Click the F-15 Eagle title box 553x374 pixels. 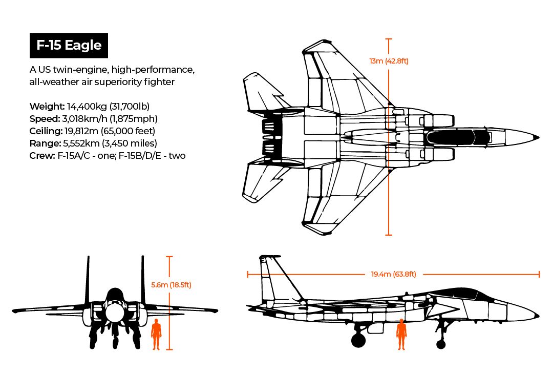pos(69,45)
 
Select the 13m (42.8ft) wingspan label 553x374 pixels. pos(389,61)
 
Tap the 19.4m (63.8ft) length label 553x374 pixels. pos(393,275)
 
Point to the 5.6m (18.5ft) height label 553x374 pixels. pos(171,285)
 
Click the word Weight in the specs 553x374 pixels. pos(47,107)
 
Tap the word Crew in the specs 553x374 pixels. pos(40,156)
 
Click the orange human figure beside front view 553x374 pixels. pos(156,334)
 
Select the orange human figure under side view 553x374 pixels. pos(402,334)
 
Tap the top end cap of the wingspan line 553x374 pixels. pos(389,39)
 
